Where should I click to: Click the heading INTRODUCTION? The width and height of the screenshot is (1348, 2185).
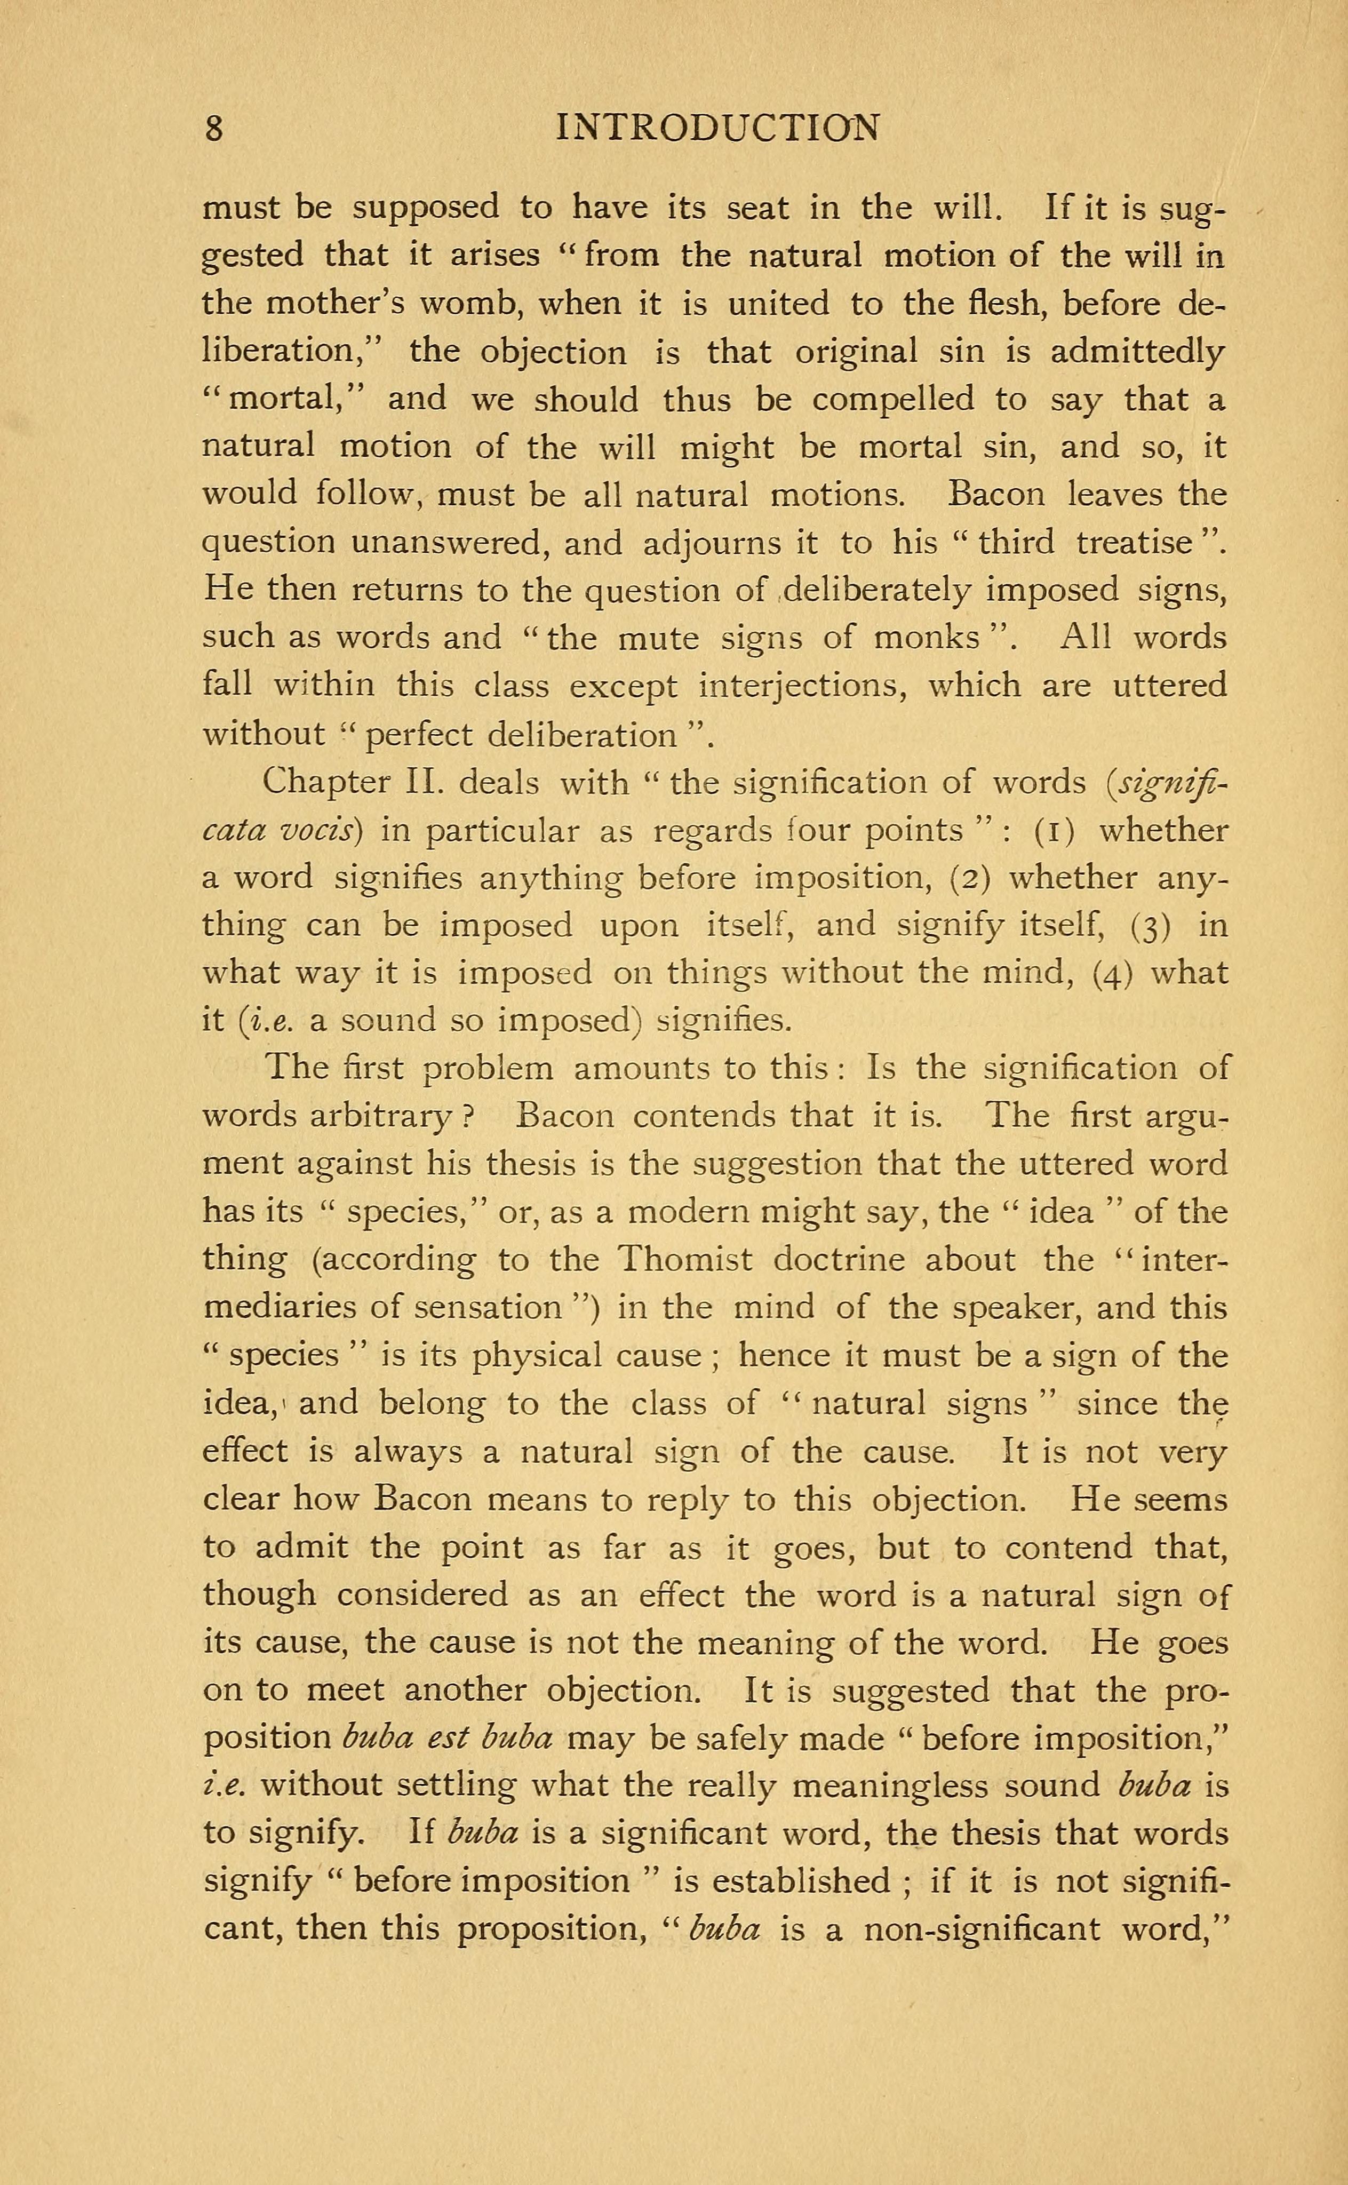(717, 129)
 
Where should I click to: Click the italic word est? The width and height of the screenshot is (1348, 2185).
(449, 1738)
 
